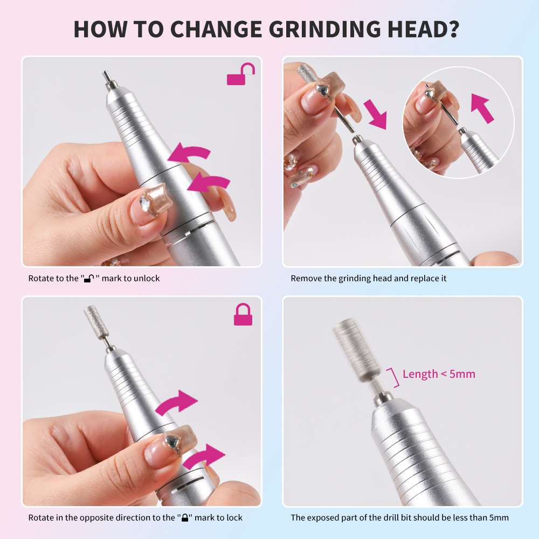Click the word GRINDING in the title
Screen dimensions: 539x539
tap(324, 29)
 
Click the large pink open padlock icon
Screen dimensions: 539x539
tap(240, 74)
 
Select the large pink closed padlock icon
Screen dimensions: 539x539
tap(243, 314)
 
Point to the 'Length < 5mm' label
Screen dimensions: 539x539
tap(439, 374)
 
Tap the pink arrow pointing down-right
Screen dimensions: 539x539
tap(376, 114)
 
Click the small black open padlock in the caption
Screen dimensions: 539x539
tap(89, 279)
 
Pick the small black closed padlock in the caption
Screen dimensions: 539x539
tap(184, 517)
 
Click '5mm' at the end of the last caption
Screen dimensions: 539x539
tap(499, 517)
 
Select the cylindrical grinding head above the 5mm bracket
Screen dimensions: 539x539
tap(357, 349)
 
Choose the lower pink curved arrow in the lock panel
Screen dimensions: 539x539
tap(204, 457)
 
